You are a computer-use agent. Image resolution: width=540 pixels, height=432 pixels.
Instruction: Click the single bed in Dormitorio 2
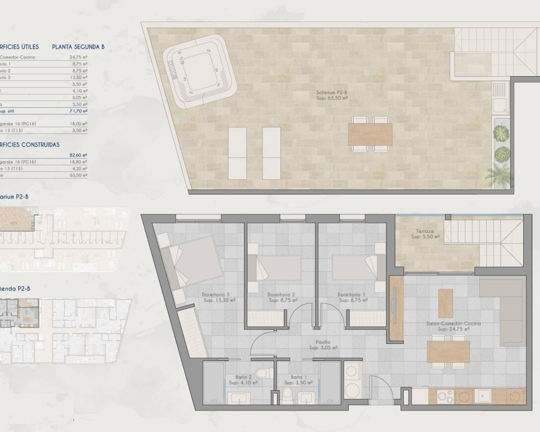(x=274, y=267)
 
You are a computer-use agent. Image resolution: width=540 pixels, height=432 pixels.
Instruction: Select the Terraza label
(x=424, y=232)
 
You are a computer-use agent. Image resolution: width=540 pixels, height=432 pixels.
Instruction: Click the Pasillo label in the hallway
(x=323, y=343)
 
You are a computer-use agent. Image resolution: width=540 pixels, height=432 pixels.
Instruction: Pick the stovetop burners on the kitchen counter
(x=445, y=397)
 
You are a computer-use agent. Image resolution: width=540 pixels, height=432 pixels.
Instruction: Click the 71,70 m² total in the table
(x=78, y=111)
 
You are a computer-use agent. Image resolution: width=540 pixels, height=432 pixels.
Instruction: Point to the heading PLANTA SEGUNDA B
(x=78, y=47)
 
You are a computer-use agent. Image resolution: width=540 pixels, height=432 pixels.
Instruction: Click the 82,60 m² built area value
(x=78, y=155)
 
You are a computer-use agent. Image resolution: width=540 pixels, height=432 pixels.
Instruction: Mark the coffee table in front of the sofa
(x=445, y=303)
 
